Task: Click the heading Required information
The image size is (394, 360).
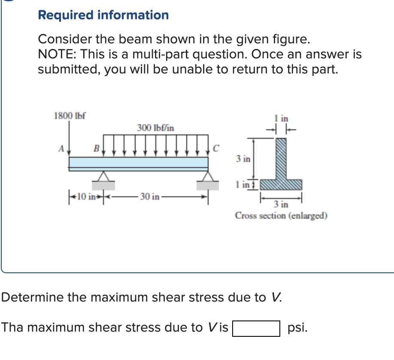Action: pyautogui.click(x=103, y=15)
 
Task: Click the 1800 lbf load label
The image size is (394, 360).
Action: pyautogui.click(x=69, y=116)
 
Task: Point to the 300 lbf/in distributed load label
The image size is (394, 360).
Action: pyautogui.click(x=155, y=128)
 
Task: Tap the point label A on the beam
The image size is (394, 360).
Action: pyautogui.click(x=61, y=149)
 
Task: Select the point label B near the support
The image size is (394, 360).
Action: pyautogui.click(x=97, y=149)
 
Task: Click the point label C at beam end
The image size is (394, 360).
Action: pyautogui.click(x=216, y=149)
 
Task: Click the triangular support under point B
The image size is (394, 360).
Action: pyautogui.click(x=103, y=177)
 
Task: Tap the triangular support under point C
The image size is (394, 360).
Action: pyautogui.click(x=208, y=177)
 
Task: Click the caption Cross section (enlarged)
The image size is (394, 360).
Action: pyautogui.click(x=281, y=216)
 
